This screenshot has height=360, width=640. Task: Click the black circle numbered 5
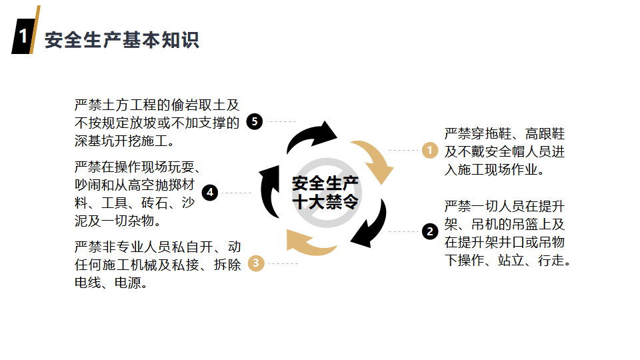point(254,121)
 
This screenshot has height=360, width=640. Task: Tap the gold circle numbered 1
point(430,150)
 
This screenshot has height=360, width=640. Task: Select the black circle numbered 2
point(430,231)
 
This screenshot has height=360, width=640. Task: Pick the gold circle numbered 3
point(256,263)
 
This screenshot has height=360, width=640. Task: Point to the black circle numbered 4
point(210,193)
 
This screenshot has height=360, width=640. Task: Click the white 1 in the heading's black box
point(23,36)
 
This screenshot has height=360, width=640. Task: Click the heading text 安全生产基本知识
point(121,40)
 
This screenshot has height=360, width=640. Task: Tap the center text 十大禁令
point(325,202)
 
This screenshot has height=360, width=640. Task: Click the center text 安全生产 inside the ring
point(325,183)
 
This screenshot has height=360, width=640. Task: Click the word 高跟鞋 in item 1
point(545,133)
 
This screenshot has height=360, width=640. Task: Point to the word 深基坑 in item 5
point(95,141)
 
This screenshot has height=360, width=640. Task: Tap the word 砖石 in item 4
point(155,203)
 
